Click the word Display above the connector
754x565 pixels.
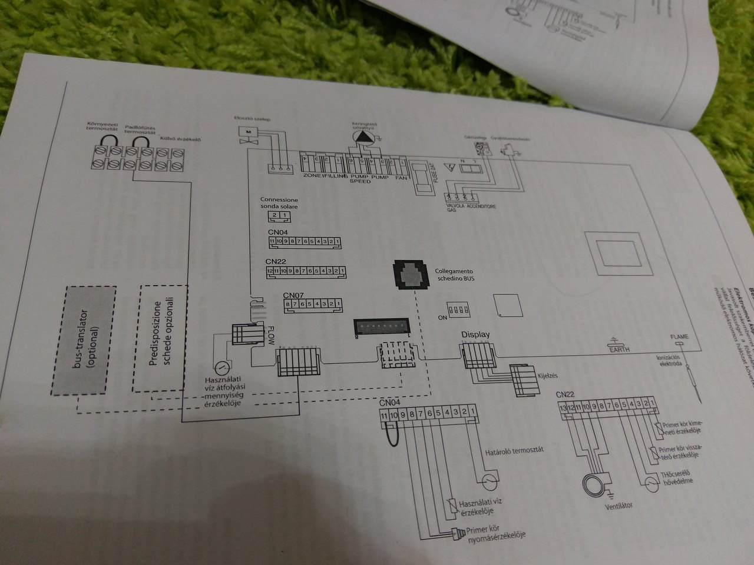pos(475,335)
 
